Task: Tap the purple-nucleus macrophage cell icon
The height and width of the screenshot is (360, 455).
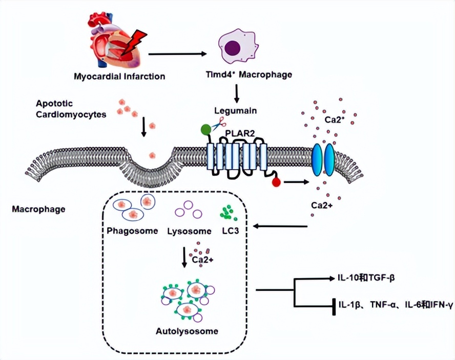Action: [x=235, y=48]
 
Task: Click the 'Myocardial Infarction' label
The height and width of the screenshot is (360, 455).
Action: [x=119, y=77]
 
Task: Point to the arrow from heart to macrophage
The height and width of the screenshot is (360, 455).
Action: [x=176, y=53]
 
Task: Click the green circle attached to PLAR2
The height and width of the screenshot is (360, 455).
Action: [x=206, y=130]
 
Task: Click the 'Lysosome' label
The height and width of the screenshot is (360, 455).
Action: [x=190, y=230]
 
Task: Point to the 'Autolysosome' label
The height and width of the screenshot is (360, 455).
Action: [x=187, y=331]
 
